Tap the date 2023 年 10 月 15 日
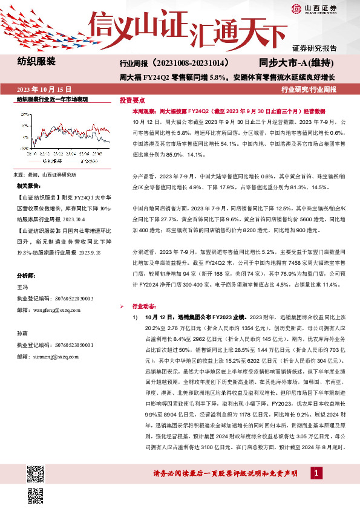coord(40,89)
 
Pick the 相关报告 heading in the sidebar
coord(28,186)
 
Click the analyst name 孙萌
coord(22,334)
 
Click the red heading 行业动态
coord(143,306)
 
